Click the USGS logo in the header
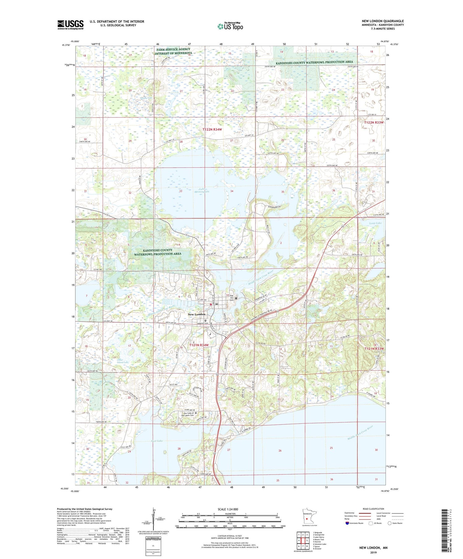[x=70, y=25]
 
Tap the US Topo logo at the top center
[x=230, y=26]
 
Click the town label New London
[x=197, y=314]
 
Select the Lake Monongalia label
[x=202, y=191]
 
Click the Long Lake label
[x=375, y=223]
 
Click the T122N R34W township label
[x=212, y=130]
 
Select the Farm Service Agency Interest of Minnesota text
[x=174, y=51]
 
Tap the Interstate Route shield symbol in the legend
[x=347, y=523]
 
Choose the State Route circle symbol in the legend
[x=390, y=523]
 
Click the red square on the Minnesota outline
[x=307, y=518]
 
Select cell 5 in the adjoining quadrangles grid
[x=307, y=541]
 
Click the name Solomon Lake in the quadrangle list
[x=320, y=544]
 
